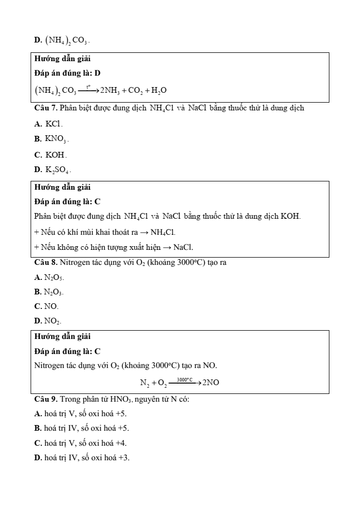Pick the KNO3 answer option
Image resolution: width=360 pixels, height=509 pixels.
(51, 139)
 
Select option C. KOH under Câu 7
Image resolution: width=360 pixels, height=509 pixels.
(51, 154)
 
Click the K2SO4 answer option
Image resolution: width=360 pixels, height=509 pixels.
(52, 169)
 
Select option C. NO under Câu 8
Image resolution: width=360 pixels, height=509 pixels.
(47, 306)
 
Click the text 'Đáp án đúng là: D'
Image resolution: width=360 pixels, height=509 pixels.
(64, 74)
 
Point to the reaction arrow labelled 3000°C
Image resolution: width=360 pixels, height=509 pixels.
(185, 383)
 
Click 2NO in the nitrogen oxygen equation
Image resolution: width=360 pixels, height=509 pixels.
(211, 383)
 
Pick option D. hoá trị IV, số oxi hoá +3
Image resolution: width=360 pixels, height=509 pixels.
(82, 458)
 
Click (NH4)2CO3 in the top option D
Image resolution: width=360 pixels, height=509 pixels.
(61, 40)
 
